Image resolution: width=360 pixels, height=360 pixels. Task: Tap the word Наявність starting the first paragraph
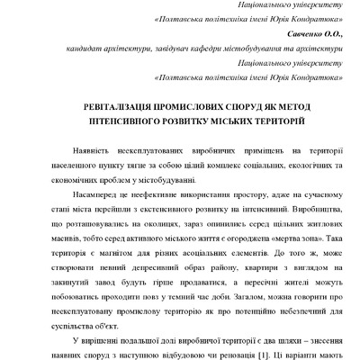[91, 155]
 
